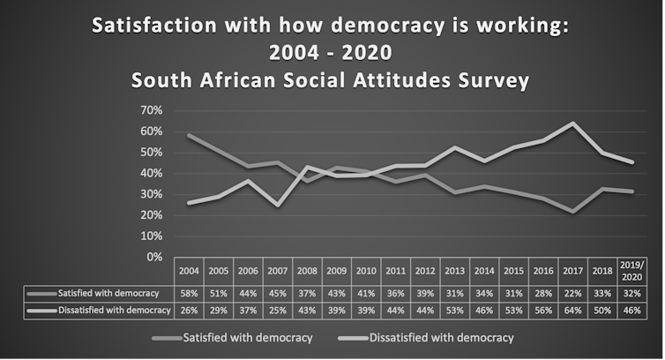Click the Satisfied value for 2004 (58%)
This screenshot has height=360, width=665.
189,293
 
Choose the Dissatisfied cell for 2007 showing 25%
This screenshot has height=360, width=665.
278,310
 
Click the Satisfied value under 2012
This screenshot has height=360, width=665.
425,293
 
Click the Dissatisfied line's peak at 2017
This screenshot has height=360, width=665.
573,124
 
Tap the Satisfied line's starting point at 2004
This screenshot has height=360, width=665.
189,135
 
